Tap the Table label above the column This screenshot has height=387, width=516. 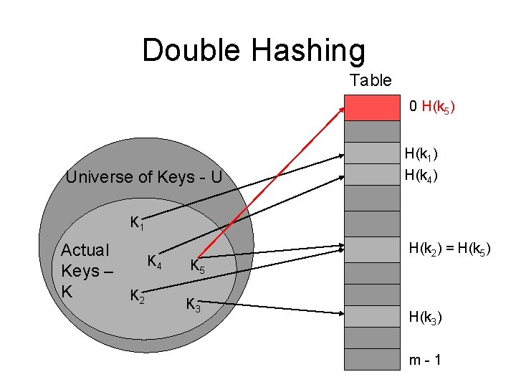point(371,80)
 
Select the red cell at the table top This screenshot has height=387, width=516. point(372,107)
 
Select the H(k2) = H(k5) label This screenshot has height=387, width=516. point(449,249)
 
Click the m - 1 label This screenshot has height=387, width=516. point(424,359)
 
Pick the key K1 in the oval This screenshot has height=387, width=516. point(137,224)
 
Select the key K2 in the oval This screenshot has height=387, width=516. point(137,295)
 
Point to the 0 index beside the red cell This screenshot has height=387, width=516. point(414,107)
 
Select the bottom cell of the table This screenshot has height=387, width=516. point(372,359)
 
